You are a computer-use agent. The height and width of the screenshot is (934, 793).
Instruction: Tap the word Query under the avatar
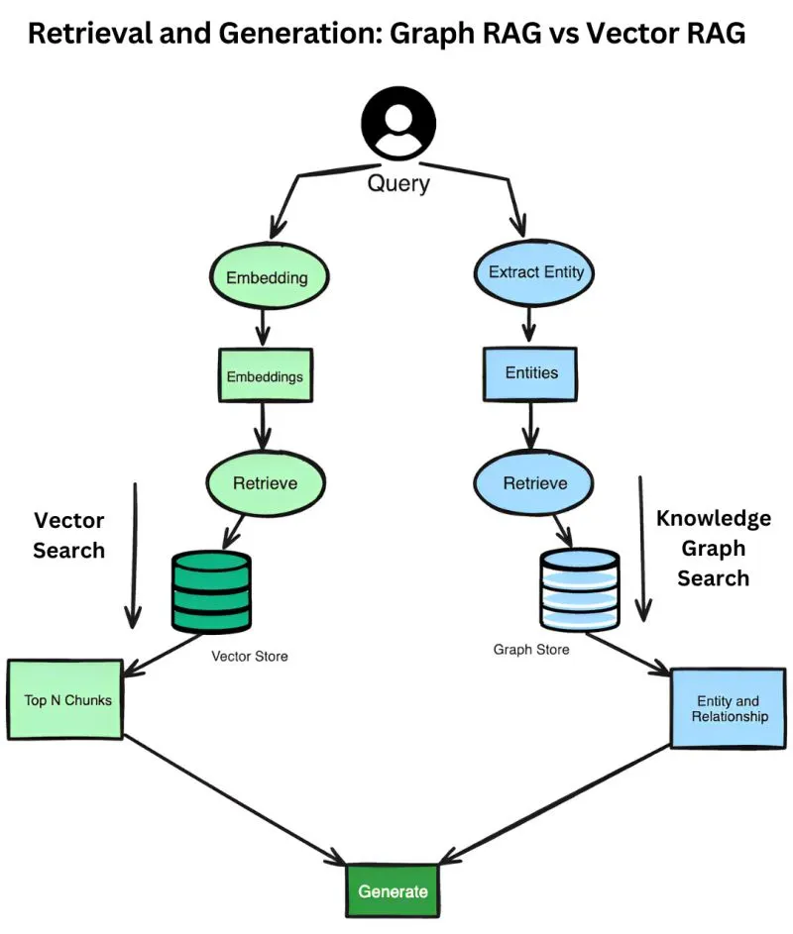click(x=397, y=182)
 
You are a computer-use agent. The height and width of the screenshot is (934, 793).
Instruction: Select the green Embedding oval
click(x=266, y=276)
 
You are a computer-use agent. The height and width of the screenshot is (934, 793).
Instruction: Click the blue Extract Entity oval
click(x=536, y=271)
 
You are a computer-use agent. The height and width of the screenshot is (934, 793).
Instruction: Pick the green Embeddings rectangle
click(x=265, y=377)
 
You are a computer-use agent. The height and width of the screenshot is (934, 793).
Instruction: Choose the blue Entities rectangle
click(x=531, y=373)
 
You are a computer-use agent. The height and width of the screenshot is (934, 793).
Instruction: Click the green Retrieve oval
click(x=265, y=483)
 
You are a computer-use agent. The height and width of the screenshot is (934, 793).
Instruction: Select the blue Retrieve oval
click(x=535, y=483)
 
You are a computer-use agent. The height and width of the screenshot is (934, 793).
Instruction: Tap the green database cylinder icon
click(x=211, y=591)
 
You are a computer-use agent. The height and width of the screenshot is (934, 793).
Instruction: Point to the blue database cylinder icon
click(x=579, y=592)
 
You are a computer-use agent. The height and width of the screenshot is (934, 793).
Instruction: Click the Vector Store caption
click(x=250, y=656)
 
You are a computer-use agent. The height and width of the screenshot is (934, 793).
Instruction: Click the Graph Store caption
click(x=531, y=650)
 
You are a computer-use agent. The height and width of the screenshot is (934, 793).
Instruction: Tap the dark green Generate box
click(x=393, y=890)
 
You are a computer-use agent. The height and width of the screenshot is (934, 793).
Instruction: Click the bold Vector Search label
click(x=68, y=536)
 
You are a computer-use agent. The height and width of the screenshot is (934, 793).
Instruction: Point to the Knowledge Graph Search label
click(x=713, y=548)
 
